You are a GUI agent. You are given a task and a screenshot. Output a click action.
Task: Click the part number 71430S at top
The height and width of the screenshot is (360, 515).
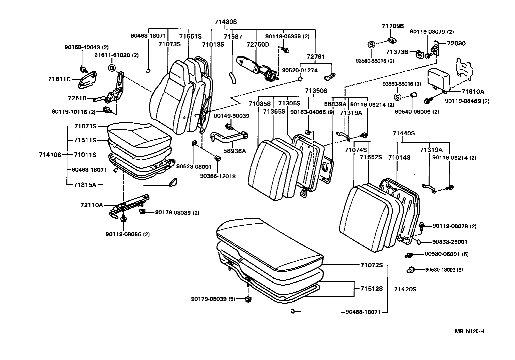pos(225,22)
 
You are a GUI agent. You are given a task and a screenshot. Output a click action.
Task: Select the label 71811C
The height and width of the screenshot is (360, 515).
pos(59,79)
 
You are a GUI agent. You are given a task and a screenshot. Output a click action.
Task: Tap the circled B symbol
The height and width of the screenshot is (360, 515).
pos(112,68)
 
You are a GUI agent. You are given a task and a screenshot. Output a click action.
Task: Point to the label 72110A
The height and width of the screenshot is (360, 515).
pos(92,205)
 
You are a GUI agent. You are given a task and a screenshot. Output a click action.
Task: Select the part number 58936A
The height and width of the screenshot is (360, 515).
pos(235,151)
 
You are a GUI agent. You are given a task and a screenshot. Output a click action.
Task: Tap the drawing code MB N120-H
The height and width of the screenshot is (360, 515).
pos(469,331)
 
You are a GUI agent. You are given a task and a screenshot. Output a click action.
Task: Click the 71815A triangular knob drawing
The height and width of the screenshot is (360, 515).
pos(173,182)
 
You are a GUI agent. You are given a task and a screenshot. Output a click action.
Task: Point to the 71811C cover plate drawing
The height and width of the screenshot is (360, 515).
pos(87,80)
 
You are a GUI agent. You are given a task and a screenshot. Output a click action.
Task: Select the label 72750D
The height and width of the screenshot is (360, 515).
pos(257,45)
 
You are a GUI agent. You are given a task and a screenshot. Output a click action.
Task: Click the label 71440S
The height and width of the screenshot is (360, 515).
pos(403,133)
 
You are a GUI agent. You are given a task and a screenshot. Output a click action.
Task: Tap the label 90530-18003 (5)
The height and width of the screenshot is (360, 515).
pos(444,270)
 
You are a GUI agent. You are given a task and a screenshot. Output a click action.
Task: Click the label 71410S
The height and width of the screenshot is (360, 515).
pos(50,155)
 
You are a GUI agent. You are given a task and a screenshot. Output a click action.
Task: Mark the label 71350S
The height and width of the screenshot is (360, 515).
pos(316,91)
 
